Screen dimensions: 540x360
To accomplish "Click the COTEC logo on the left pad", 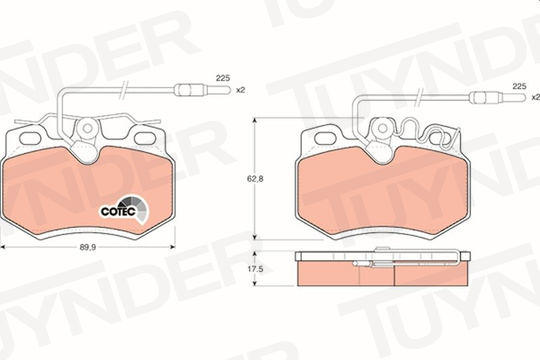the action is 124,209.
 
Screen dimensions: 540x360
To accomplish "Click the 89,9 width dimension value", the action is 88,247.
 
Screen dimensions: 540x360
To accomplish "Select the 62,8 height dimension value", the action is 255,179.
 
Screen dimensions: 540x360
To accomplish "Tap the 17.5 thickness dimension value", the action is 255,269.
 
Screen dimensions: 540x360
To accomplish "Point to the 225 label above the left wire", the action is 223,78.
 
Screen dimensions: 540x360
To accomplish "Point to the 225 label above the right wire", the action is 519,86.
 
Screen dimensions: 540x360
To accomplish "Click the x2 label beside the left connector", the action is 240,90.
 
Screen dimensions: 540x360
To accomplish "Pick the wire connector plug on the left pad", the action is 202,90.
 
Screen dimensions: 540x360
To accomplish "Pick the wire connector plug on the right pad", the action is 498,97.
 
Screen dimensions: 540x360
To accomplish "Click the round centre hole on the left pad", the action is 87,128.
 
